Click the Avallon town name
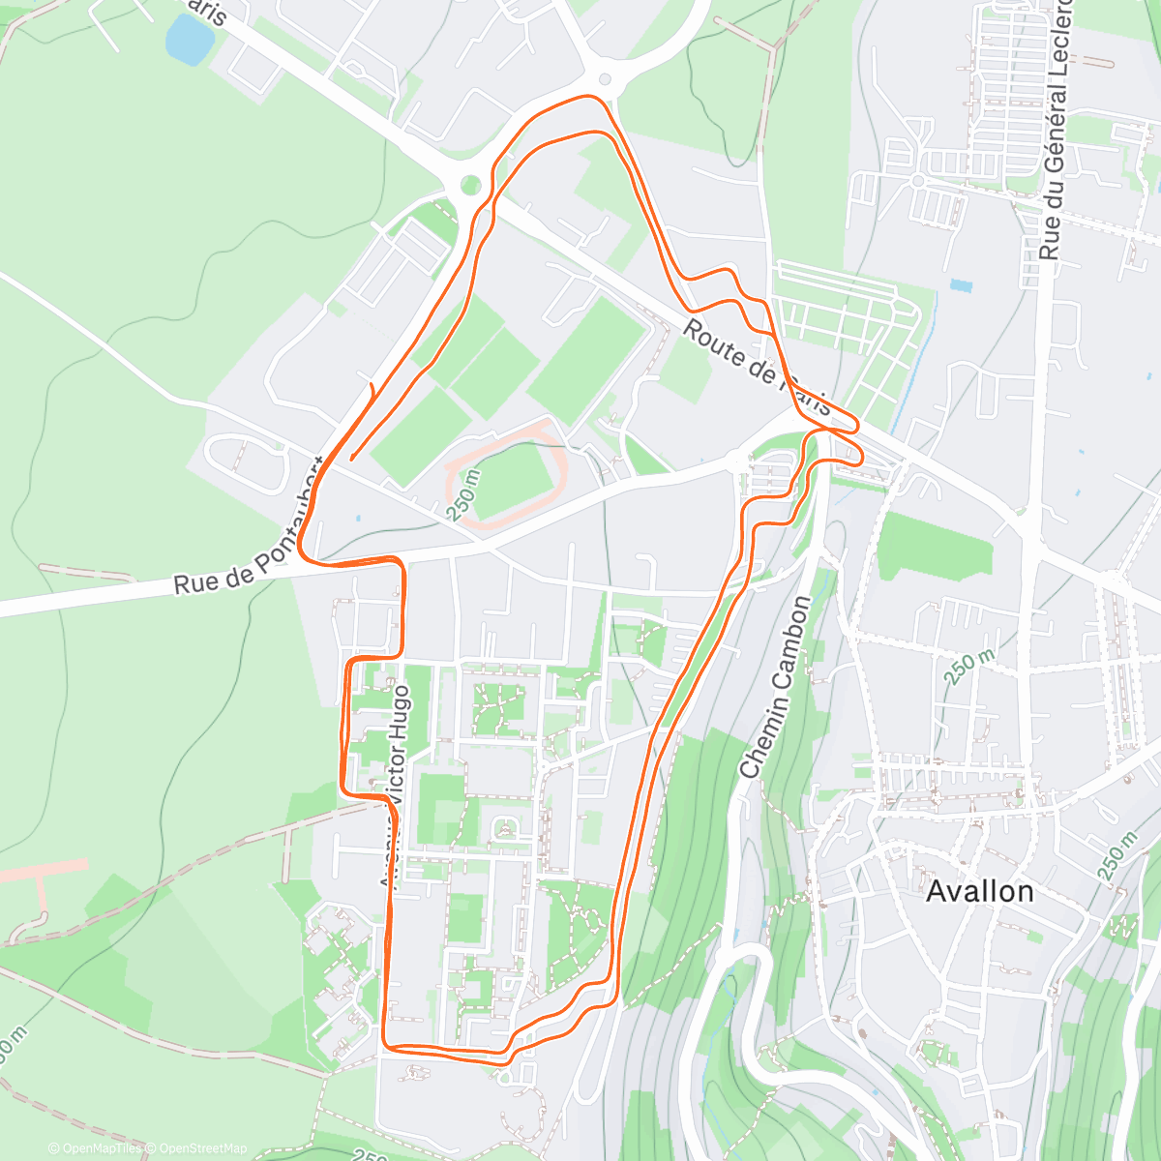tap(980, 891)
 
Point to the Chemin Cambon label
tap(775, 688)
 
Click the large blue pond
tap(189, 39)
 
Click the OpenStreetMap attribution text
tap(198, 1148)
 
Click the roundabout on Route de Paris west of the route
tap(470, 184)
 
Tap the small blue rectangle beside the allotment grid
tap(961, 285)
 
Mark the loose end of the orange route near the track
tap(350, 459)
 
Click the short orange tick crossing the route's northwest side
tap(372, 391)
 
